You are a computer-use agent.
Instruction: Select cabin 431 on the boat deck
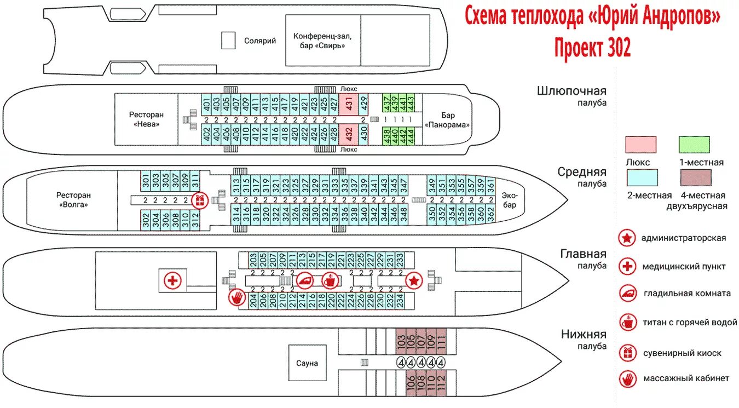[348, 102]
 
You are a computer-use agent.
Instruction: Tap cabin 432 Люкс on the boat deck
[348, 133]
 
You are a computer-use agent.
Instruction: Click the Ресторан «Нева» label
[146, 119]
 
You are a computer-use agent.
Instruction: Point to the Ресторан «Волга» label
[73, 200]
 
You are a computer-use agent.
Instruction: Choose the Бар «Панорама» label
[448, 120]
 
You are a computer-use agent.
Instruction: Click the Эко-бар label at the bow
[510, 200]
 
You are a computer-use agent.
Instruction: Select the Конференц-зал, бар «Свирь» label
[322, 41]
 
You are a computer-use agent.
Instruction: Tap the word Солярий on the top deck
[260, 41]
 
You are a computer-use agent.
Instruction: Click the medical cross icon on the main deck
[173, 281]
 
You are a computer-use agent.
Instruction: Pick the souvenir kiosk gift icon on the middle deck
[200, 200]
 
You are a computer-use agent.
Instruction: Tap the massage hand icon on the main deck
[237, 298]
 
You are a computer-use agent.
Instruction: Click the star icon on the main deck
[414, 281]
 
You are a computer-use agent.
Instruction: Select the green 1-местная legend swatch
[694, 145]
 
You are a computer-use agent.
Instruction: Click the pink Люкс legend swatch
[640, 145]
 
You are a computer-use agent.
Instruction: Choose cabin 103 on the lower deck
[401, 343]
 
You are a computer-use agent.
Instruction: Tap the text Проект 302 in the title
[592, 48]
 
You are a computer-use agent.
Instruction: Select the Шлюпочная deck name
[571, 91]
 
